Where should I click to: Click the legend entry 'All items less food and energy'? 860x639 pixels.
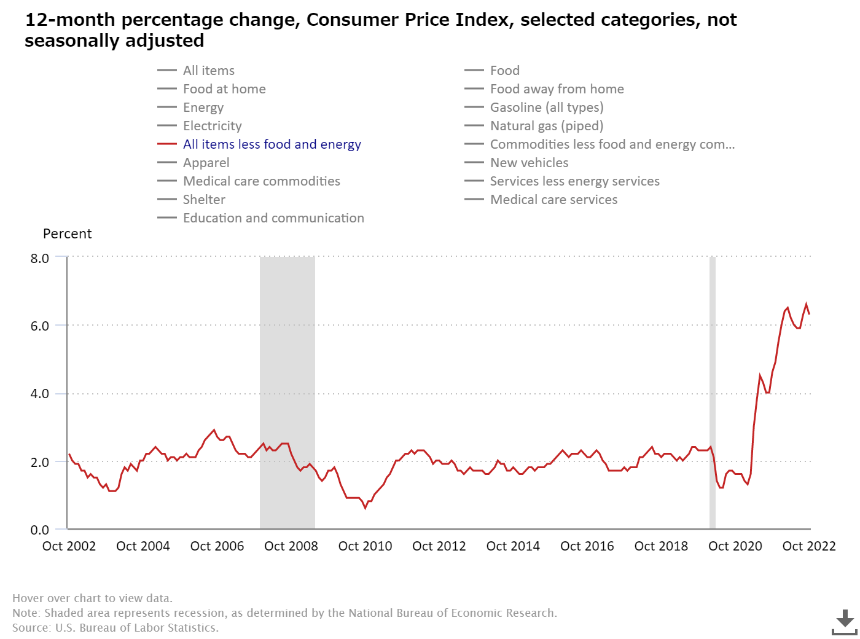coord(272,144)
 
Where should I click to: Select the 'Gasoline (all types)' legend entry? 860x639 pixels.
coord(546,108)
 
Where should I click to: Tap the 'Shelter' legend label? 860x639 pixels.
coord(204,200)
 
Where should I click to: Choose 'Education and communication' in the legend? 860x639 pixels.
coord(273,218)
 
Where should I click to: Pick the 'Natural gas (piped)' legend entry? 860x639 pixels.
coord(546,126)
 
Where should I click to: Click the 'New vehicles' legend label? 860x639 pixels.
coord(529,163)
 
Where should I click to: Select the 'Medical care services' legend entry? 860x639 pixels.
coord(553,200)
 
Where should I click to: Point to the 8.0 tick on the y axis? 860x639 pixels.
coord(40,258)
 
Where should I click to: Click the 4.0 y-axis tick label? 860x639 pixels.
coord(40,394)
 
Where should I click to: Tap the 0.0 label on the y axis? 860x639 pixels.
coord(40,530)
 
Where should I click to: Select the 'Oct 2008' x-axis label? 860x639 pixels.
coord(291,546)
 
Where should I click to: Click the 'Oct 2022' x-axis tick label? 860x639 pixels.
coord(809,546)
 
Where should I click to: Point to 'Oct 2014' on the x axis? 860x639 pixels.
coord(513,546)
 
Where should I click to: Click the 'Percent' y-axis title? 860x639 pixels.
coord(67,234)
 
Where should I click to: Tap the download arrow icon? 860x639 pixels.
coord(845,621)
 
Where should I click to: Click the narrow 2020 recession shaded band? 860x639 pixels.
coord(713,393)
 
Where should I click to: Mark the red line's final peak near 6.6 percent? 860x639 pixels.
coord(807,304)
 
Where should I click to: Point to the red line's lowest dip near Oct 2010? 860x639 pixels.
coord(365,508)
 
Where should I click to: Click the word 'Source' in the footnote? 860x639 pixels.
coord(31,628)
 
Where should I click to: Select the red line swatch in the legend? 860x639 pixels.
coord(167,144)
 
